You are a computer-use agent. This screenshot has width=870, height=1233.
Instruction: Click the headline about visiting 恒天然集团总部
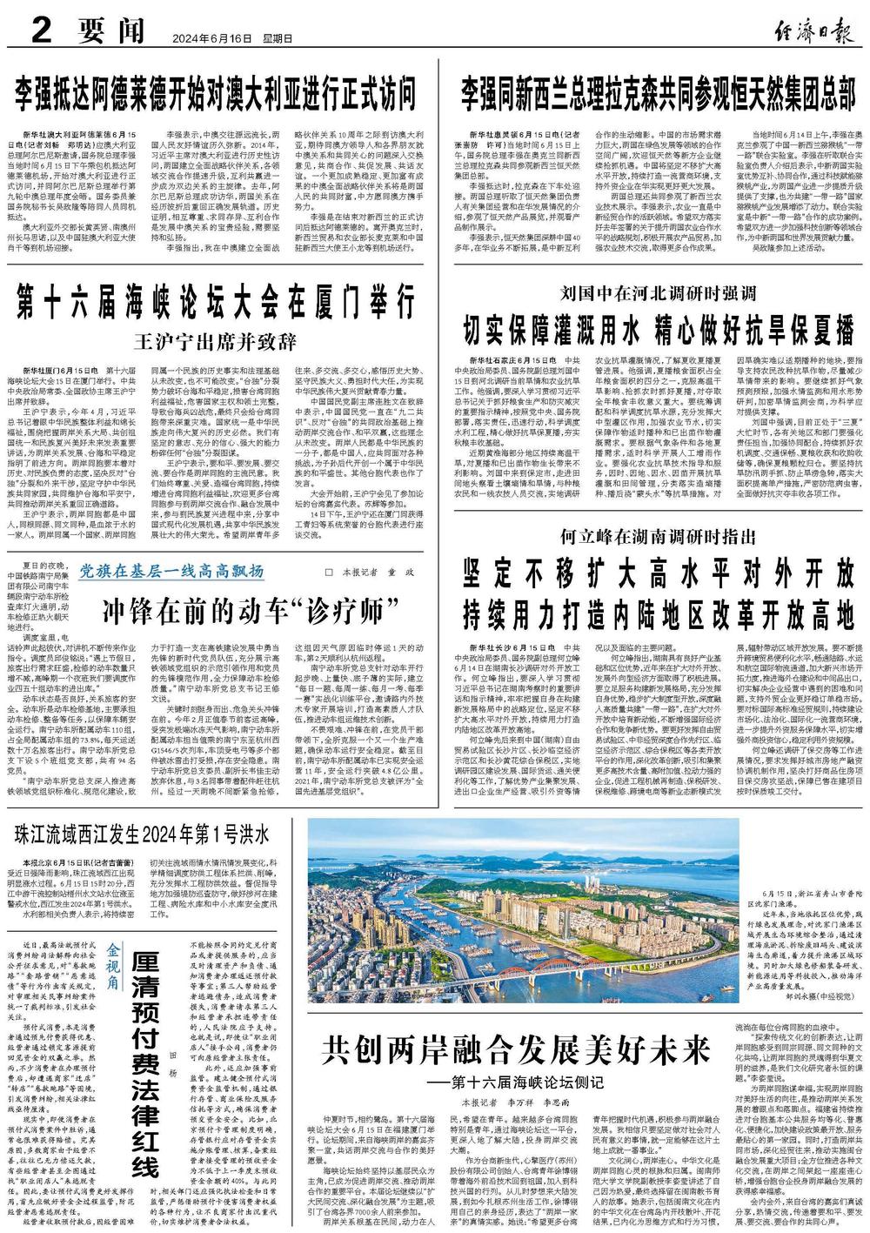coord(658,91)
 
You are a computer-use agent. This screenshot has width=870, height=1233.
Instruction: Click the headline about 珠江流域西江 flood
coord(144,833)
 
